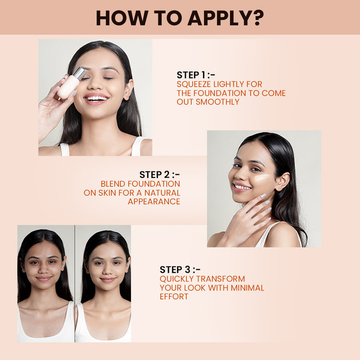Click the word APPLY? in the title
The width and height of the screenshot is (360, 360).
pyautogui.click(x=226, y=18)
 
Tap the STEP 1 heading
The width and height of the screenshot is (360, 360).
pyautogui.click(x=196, y=75)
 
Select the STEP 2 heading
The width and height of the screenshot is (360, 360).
pyautogui.click(x=159, y=175)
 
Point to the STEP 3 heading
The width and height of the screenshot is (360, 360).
pyautogui.click(x=180, y=270)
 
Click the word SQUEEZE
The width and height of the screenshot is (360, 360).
pyautogui.click(x=194, y=84)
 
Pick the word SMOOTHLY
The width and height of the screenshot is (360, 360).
pyautogui.click(x=217, y=102)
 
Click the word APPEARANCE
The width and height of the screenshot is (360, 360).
pyautogui.click(x=154, y=202)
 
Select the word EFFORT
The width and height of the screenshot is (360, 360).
pyautogui.click(x=174, y=297)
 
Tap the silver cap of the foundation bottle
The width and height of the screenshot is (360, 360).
pyautogui.click(x=79, y=73)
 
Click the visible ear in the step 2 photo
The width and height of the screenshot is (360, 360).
pyautogui.click(x=282, y=181)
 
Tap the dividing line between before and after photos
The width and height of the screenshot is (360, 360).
pyautogui.click(x=74, y=284)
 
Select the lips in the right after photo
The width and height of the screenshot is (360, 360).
pyautogui.click(x=108, y=280)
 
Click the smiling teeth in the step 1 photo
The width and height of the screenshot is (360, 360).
pyautogui.click(x=96, y=98)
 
